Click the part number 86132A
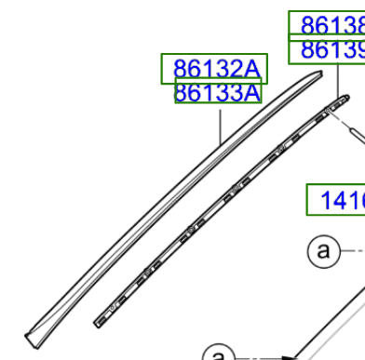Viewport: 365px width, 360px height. (x=213, y=68)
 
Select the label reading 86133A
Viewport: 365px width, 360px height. (x=218, y=93)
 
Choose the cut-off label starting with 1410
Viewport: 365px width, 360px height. (x=336, y=198)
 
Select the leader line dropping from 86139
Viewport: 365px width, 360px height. (x=339, y=80)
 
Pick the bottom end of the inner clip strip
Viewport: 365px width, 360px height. (x=99, y=321)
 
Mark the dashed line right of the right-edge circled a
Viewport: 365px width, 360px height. (x=352, y=251)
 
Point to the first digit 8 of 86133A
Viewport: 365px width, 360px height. (x=183, y=93)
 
